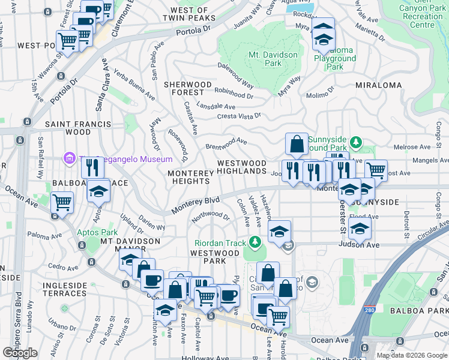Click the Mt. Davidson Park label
[265, 58]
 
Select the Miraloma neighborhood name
[379, 85]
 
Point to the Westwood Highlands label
[241, 167]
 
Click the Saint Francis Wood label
[78, 128]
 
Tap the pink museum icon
[69, 158]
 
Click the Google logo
[20, 353]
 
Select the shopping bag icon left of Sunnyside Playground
[297, 145]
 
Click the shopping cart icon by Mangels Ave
[376, 170]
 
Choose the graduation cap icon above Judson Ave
[360, 228]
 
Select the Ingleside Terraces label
[64, 289]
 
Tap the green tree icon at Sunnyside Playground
[357, 142]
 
